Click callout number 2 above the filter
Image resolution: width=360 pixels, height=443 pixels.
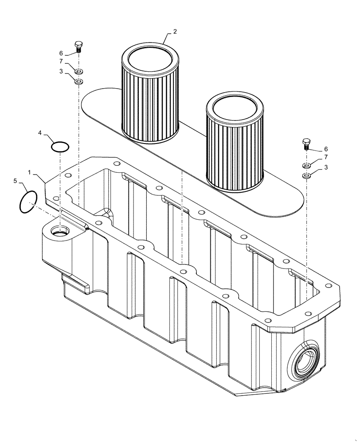tap(175, 31)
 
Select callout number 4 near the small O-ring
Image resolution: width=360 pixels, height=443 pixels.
tap(40, 132)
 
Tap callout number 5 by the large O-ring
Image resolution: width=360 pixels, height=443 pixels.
tap(15, 181)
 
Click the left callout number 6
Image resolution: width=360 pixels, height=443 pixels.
tap(61, 53)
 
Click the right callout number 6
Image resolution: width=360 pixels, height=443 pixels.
tap(326, 149)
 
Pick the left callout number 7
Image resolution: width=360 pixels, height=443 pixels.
tap(61, 62)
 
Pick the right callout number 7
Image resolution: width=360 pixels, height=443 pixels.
tap(326, 157)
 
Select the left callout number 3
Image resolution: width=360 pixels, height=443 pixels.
tap(61, 70)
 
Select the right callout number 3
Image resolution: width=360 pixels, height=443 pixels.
tap(326, 167)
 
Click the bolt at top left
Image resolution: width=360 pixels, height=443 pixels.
tap(78, 46)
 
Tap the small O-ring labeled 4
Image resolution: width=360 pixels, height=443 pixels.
tap(60, 147)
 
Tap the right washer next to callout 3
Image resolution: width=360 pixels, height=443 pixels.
tap(306, 176)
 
